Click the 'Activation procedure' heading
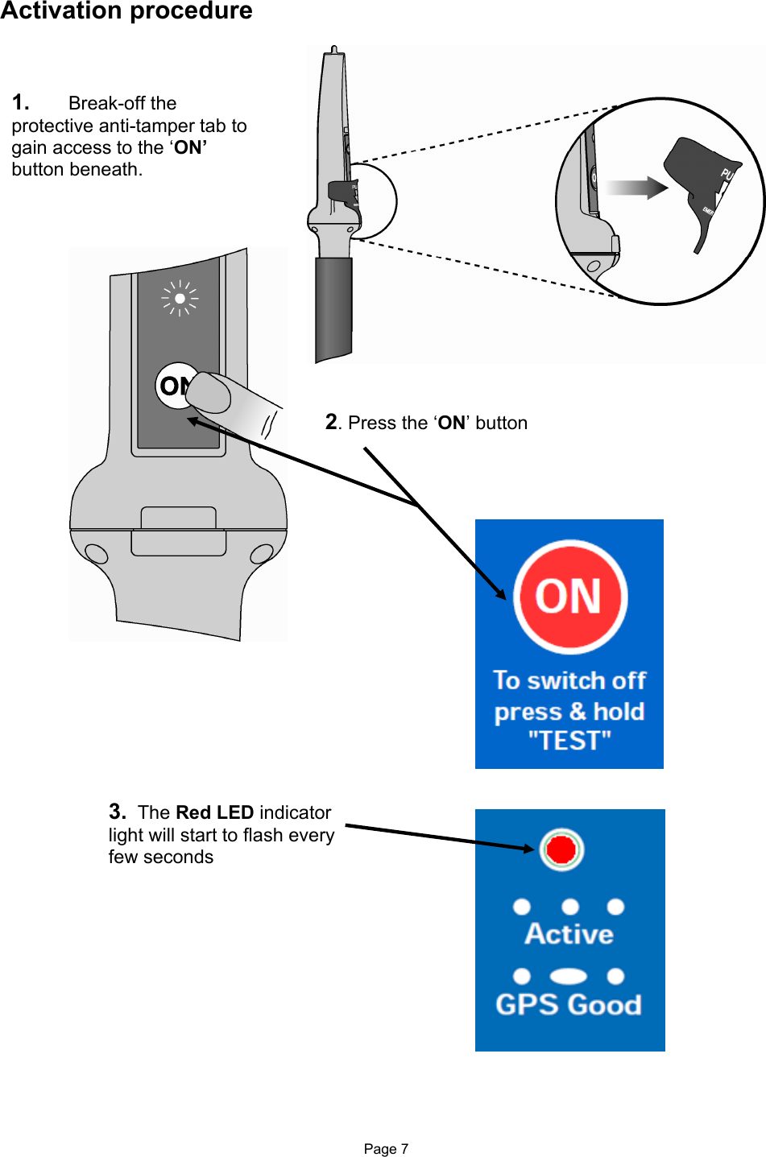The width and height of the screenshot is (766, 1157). pos(126,11)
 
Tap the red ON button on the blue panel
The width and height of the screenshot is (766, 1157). pos(570,597)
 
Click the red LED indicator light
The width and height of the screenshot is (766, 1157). pos(561,849)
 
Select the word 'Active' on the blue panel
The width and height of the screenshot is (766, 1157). pos(569,934)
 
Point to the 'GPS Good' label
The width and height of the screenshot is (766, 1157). pos(569,1005)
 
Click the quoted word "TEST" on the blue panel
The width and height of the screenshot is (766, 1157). pos(569,741)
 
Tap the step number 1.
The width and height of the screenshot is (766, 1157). pos(20,103)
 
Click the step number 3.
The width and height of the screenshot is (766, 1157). pos(117,812)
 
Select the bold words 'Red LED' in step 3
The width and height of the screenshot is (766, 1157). pos(214,812)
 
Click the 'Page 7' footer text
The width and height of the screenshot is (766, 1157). pos(386,1149)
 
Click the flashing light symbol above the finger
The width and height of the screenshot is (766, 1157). pos(180,299)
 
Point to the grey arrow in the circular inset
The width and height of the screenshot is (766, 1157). pos(636,188)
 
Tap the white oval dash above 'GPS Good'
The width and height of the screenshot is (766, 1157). pos(569,977)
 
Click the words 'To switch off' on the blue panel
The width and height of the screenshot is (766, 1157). pos(569,680)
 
